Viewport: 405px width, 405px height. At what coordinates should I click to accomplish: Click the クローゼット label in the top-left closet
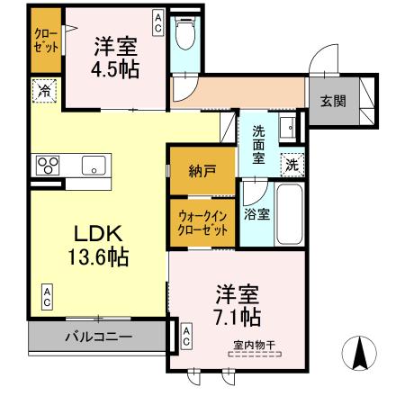coord(45,41)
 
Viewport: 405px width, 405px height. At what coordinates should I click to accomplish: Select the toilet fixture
coord(185,35)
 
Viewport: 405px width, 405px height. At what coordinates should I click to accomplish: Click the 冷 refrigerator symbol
coord(43,89)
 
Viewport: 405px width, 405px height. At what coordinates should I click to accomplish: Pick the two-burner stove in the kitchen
coord(48,165)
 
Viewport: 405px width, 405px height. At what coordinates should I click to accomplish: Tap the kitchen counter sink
coord(93,165)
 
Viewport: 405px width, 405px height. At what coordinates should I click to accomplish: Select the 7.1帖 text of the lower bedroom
coord(237,316)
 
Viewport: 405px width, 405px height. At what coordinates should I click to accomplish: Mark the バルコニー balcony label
coord(98,337)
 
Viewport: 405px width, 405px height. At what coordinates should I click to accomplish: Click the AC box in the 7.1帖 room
coord(185,337)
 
